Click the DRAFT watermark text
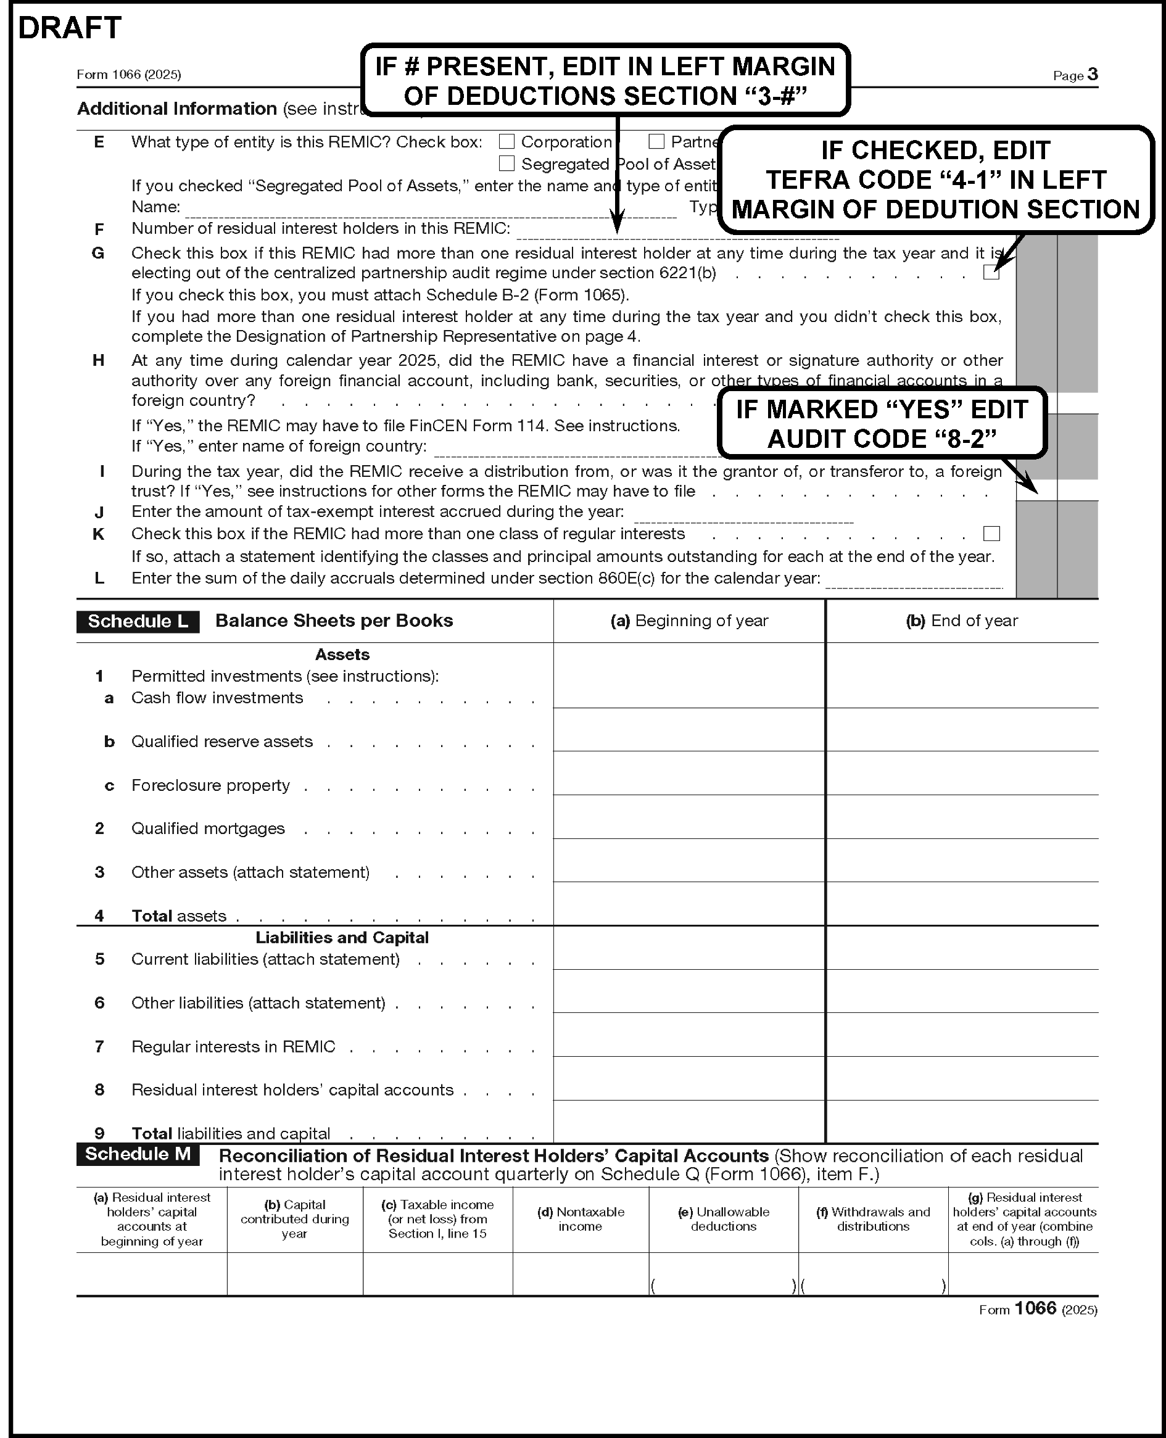click(x=69, y=28)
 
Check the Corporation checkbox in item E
click(x=507, y=142)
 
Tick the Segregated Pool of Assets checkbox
click(x=507, y=164)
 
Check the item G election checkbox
click(x=991, y=272)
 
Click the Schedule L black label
click(x=138, y=621)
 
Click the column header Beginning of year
click(x=689, y=621)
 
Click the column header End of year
click(x=962, y=621)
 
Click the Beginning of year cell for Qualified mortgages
click(x=689, y=817)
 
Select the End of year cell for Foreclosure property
click(x=962, y=774)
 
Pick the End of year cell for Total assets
click(x=962, y=904)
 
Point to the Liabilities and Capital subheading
click(x=342, y=937)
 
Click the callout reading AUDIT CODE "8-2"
click(x=882, y=424)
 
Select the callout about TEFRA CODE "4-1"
click(x=936, y=180)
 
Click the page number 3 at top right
click(x=1092, y=74)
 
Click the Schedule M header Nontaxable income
click(x=581, y=1219)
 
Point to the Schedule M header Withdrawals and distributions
click(x=873, y=1219)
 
